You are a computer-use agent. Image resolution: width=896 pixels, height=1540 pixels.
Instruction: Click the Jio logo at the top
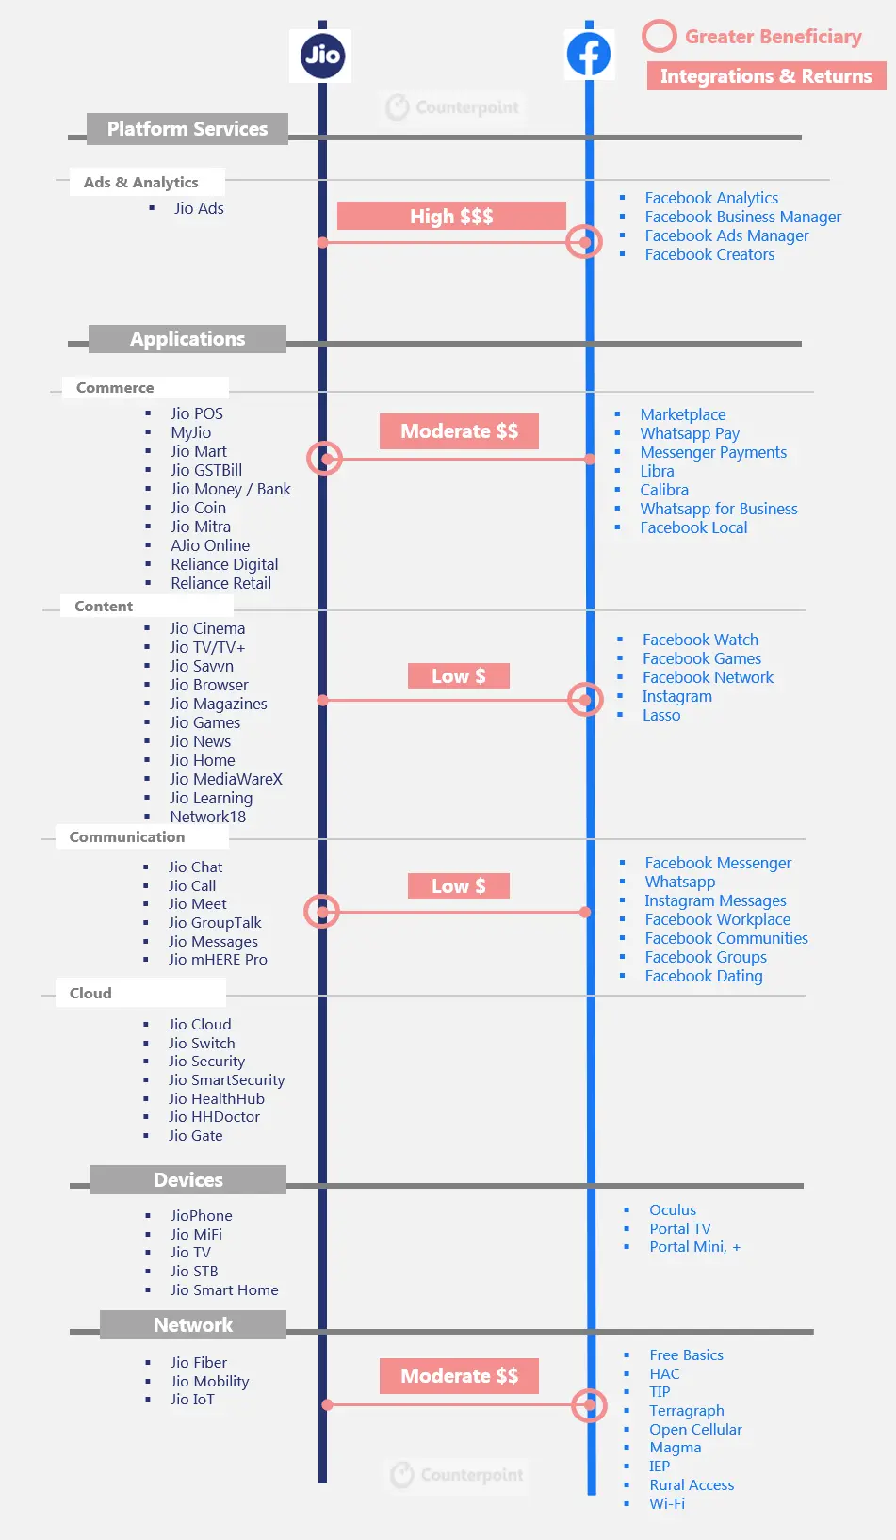click(322, 55)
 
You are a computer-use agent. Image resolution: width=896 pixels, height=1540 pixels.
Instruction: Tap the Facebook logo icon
click(589, 54)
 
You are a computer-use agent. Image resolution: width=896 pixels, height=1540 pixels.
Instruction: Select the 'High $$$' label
click(451, 216)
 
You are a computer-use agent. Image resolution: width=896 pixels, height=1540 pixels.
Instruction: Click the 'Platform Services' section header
click(187, 128)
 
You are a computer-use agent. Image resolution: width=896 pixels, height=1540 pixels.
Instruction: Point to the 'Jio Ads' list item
click(199, 208)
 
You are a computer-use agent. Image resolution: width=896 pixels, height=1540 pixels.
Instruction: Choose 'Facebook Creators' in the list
click(709, 254)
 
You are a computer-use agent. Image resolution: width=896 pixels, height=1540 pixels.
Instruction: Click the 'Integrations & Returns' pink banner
click(766, 75)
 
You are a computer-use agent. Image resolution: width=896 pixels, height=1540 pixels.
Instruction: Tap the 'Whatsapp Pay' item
click(690, 434)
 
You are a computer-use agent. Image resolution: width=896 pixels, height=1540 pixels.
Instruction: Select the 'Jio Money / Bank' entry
click(231, 489)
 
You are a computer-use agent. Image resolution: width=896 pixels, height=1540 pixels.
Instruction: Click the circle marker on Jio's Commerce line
click(324, 459)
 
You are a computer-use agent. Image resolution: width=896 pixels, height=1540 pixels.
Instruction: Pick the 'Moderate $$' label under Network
click(460, 1376)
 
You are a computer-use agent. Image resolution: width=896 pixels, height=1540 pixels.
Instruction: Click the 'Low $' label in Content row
click(459, 676)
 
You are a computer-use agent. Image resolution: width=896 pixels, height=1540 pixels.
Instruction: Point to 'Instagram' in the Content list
click(677, 696)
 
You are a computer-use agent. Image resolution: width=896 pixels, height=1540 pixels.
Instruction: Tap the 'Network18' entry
click(207, 817)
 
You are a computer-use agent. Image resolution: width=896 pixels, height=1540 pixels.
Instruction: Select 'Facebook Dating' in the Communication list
click(704, 976)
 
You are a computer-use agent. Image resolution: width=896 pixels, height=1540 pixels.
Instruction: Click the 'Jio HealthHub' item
click(217, 1098)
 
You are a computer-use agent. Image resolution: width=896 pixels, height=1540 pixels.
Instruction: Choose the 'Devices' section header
click(187, 1180)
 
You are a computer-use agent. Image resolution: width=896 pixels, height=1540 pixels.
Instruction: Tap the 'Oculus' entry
click(673, 1210)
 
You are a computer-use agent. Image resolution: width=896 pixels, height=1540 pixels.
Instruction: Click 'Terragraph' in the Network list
click(686, 1411)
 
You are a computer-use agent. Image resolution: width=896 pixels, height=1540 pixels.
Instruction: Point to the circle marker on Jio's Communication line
click(322, 912)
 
